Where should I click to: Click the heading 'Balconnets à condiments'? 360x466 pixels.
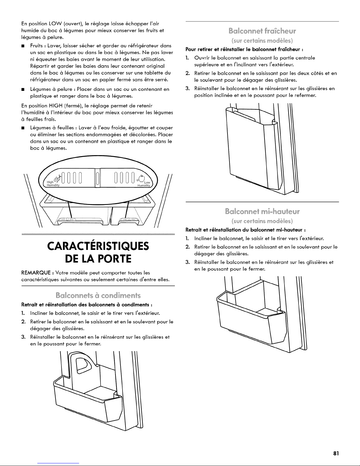click(98, 295)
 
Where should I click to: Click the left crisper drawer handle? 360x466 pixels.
click(67, 220)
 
